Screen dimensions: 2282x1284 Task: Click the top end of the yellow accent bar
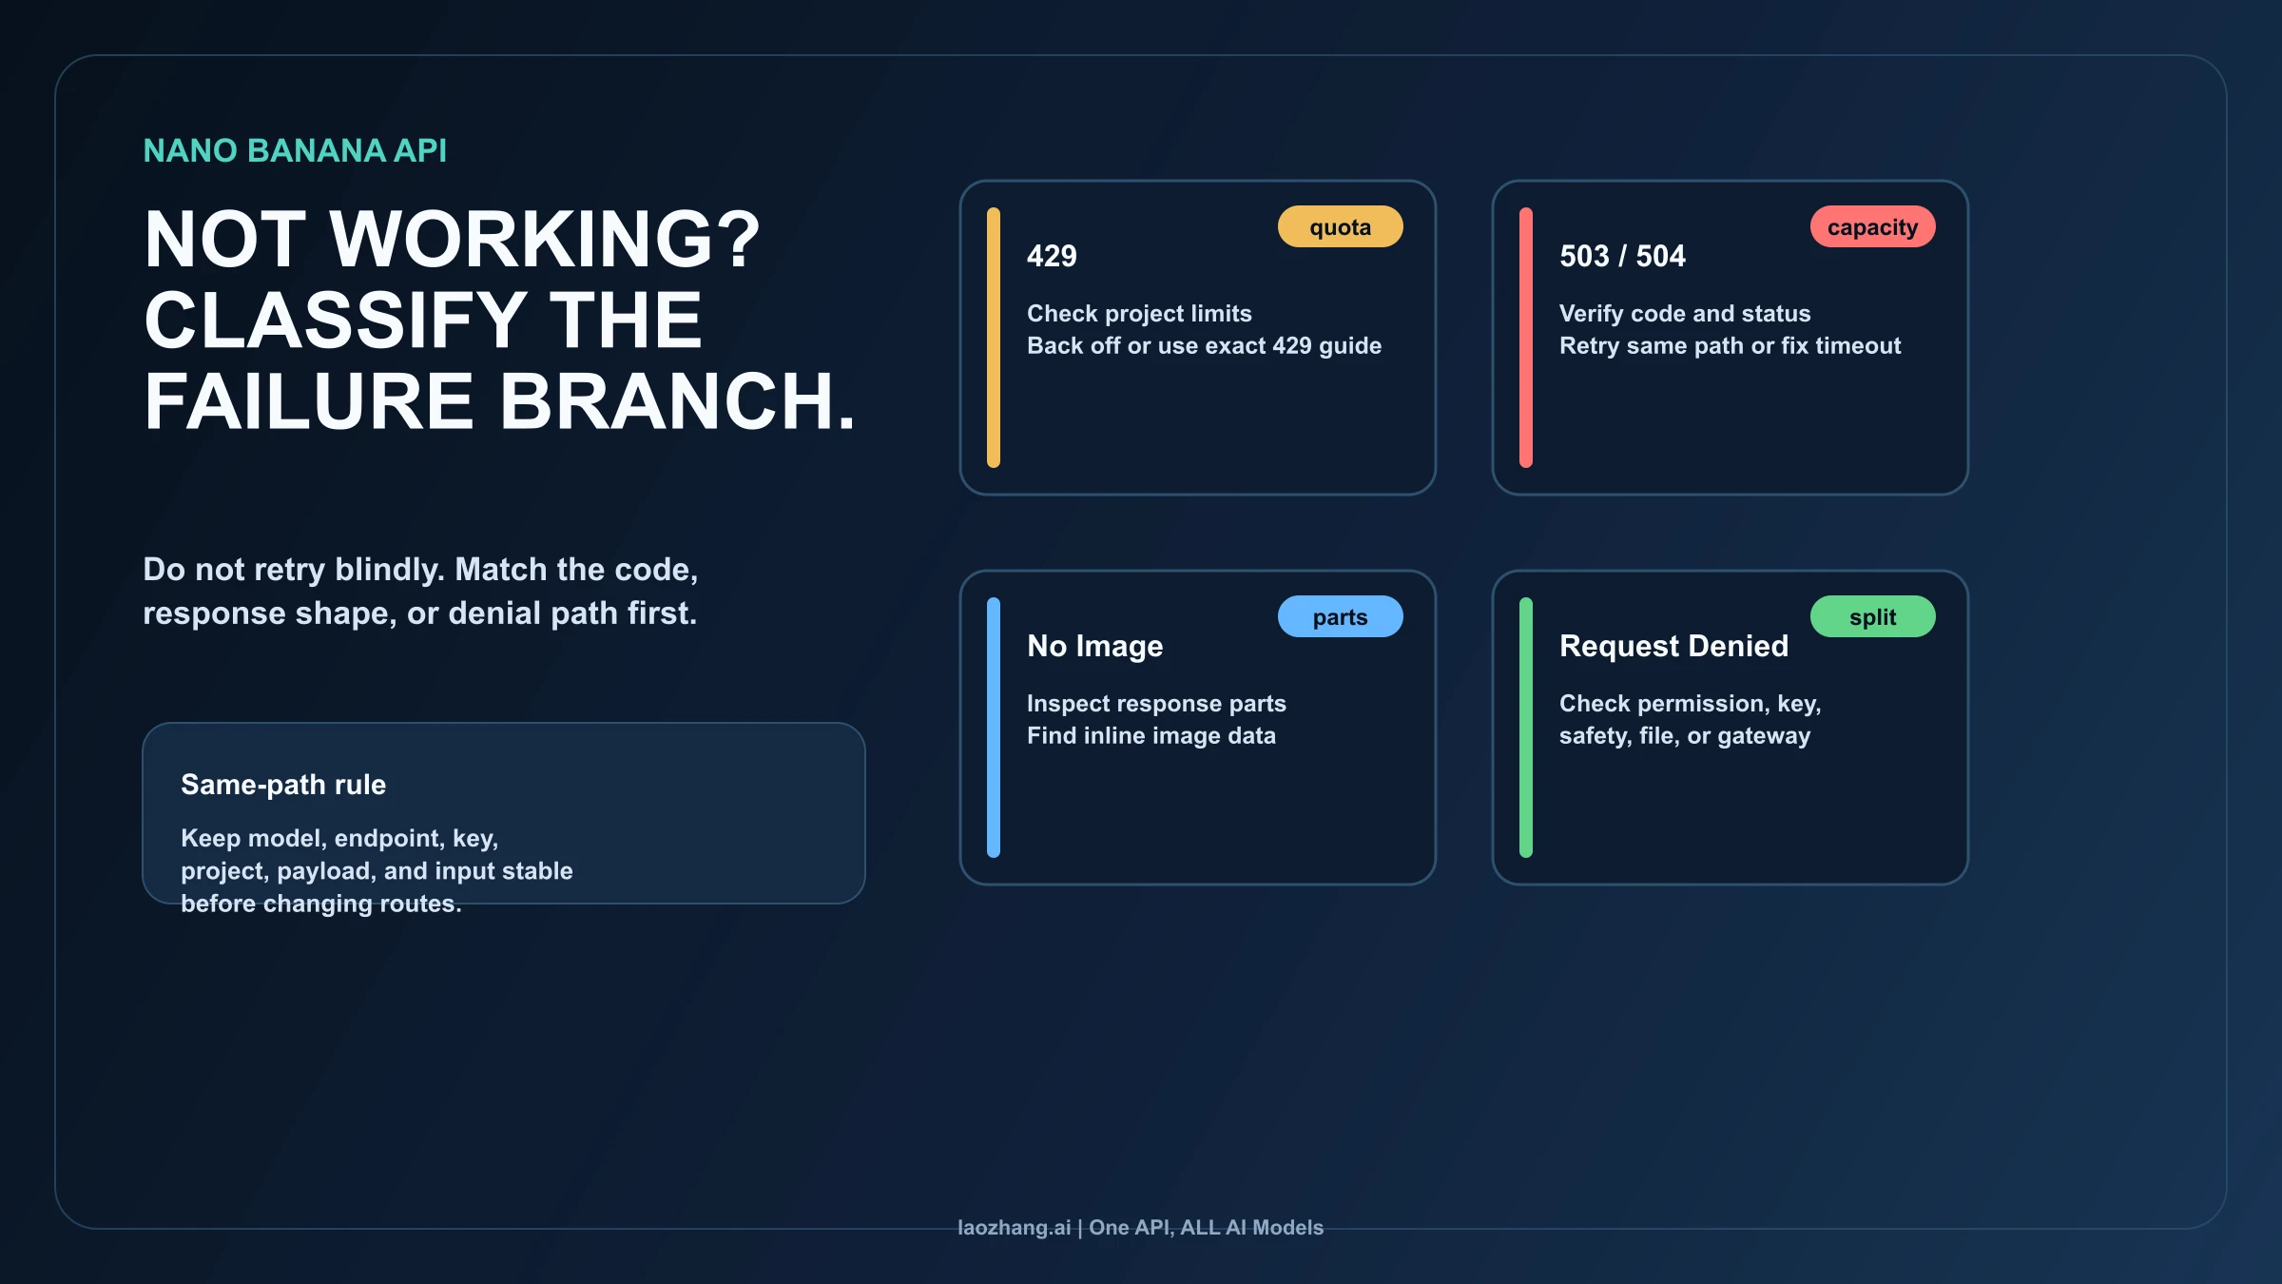point(994,208)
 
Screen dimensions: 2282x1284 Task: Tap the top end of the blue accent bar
point(994,598)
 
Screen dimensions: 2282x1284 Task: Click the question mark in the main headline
point(738,239)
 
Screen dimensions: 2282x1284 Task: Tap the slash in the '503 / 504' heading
point(1623,256)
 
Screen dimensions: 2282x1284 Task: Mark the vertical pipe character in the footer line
point(1080,1228)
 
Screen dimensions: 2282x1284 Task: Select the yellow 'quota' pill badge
point(1341,226)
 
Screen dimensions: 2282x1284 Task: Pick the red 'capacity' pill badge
point(1873,226)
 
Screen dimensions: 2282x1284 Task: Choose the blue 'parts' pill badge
point(1341,616)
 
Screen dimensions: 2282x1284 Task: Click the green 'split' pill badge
point(1873,616)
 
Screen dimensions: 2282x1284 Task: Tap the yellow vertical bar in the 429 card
point(994,338)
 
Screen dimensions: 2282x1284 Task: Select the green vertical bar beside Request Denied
point(1526,728)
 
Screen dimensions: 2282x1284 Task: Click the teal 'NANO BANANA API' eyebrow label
point(295,150)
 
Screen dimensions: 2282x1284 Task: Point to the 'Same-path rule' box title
point(283,785)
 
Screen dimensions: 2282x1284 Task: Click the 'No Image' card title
point(1095,646)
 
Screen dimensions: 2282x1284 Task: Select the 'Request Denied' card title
point(1674,646)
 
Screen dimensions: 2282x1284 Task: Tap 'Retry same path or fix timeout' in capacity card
point(1731,345)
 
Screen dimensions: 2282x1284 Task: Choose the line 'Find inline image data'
point(1151,735)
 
